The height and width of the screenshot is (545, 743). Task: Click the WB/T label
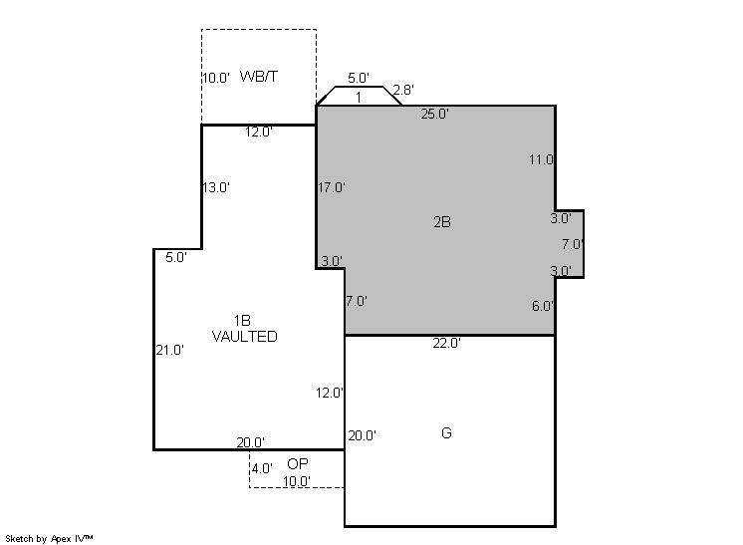coord(259,77)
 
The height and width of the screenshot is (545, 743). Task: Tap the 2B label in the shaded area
coord(442,222)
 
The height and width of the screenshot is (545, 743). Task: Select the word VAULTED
coord(244,337)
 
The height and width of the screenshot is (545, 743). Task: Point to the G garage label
coord(446,432)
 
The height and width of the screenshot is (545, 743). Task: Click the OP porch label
coord(298,463)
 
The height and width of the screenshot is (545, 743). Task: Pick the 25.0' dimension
coord(435,114)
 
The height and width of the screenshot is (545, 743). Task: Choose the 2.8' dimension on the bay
coord(403,90)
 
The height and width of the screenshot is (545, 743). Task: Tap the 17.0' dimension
coord(332,187)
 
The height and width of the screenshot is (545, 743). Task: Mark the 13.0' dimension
coord(216,187)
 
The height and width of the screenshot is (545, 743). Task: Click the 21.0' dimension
coord(170,351)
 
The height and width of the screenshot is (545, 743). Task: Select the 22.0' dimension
coord(447,343)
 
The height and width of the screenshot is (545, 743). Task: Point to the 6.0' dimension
coord(543,306)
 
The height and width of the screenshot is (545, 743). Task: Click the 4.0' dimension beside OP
coord(262,468)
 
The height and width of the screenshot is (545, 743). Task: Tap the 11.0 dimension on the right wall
coord(541,159)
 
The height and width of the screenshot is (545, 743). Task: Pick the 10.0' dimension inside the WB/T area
coord(216,78)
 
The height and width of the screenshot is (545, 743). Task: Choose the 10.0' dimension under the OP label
coord(297,481)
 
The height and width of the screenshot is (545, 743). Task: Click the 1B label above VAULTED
coord(242,321)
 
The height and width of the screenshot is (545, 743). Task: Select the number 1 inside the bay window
coord(359,98)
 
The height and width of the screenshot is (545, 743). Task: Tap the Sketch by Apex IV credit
coord(49,538)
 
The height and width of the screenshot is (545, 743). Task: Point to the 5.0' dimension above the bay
coord(359,78)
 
